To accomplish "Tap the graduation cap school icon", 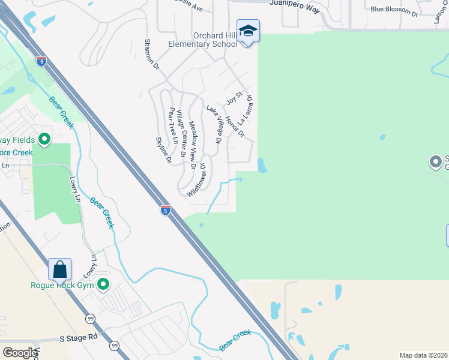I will pyautogui.click(x=248, y=31).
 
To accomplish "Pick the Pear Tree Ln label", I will pyautogui.click(x=173, y=126).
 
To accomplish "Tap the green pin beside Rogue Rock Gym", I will pyautogui.click(x=103, y=284).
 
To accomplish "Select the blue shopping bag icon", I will pyautogui.click(x=60, y=269).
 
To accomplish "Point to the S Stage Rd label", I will pyautogui.click(x=78, y=338).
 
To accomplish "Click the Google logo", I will pyautogui.click(x=19, y=353).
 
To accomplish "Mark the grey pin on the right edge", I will pyautogui.click(x=435, y=161).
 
